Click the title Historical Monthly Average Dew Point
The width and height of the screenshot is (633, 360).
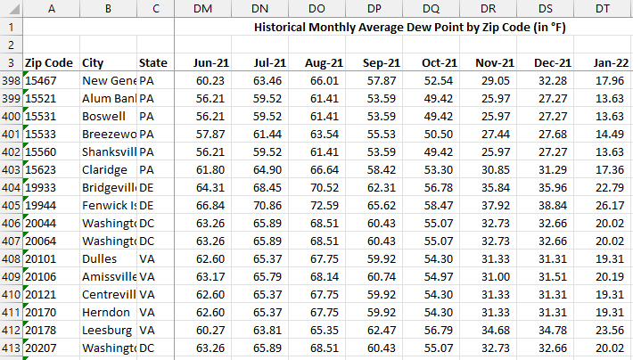pos(409,27)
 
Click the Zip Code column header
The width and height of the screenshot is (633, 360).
pos(49,62)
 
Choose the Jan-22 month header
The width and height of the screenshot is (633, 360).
pos(611,62)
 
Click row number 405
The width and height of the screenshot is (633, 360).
pos(11,205)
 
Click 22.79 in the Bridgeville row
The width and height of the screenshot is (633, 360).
pos(611,187)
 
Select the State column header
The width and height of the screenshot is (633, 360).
pos(153,62)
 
